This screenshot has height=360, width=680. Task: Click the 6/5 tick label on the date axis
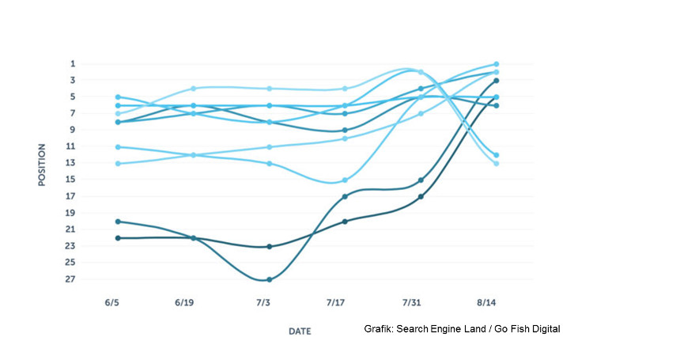tap(111, 303)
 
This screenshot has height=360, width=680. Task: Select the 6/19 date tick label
tap(186, 303)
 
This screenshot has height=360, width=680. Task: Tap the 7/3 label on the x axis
tap(263, 303)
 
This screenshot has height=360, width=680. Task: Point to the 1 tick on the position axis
tap(72, 64)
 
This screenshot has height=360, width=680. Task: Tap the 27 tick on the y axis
tap(71, 279)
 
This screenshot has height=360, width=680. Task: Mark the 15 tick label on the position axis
tap(71, 180)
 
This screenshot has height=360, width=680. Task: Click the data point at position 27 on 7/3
tap(270, 279)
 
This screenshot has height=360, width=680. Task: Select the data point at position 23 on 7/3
tap(270, 246)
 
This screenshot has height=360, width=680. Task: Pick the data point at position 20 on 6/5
tap(118, 222)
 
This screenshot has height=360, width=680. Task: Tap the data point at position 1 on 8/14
tap(496, 64)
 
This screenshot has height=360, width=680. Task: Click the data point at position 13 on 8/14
tap(496, 163)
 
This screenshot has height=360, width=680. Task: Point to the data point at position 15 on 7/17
tap(345, 180)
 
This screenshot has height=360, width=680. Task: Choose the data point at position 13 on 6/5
tap(118, 163)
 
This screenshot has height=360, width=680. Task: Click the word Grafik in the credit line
tap(379, 329)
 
